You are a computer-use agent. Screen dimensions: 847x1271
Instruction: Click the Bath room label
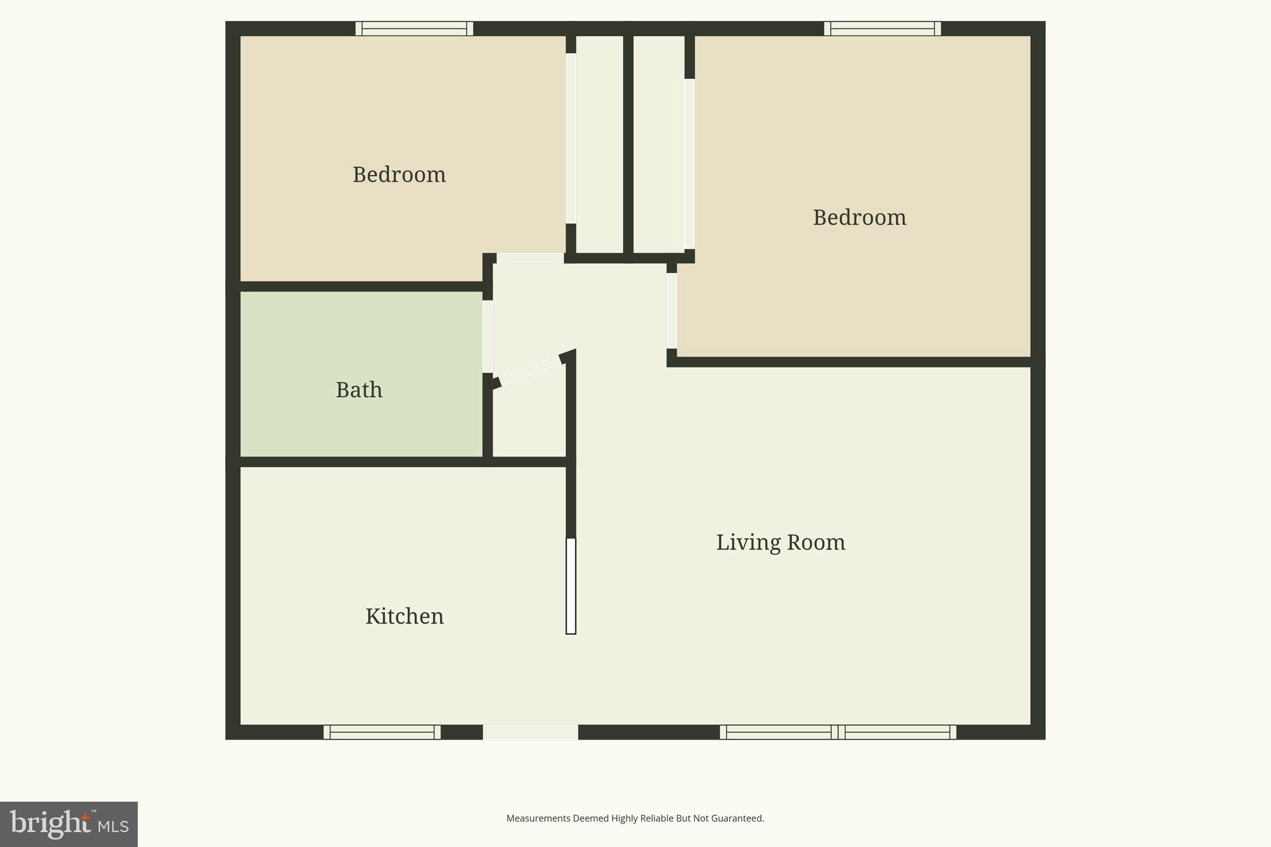tap(359, 390)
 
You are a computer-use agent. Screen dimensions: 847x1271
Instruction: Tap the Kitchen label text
tap(404, 617)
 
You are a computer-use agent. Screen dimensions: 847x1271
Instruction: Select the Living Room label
tap(780, 543)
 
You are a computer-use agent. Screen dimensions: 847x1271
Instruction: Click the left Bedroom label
tap(399, 175)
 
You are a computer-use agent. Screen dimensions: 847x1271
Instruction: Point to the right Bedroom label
tap(859, 218)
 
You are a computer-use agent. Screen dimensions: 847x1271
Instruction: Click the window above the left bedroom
tap(414, 29)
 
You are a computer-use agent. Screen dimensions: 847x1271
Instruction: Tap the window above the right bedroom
tap(882, 29)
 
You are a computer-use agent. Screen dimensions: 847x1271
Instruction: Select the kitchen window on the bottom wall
tap(382, 732)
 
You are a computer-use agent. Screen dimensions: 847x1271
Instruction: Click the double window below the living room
tap(837, 732)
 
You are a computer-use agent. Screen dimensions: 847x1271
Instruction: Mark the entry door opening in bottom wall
tap(531, 732)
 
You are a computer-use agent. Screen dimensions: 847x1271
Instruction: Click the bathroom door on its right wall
tap(488, 336)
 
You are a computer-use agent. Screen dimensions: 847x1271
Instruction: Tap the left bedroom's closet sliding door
tap(571, 138)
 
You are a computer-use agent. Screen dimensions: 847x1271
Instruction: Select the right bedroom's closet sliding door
tap(689, 164)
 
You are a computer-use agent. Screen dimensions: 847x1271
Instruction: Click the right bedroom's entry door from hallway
tap(671, 311)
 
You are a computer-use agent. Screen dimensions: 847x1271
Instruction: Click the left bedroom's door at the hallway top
tap(530, 258)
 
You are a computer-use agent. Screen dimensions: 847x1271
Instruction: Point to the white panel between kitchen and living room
tap(571, 586)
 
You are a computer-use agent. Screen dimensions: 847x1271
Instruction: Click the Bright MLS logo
tap(69, 824)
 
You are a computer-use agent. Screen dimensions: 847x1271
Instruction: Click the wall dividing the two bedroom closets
tap(628, 143)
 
